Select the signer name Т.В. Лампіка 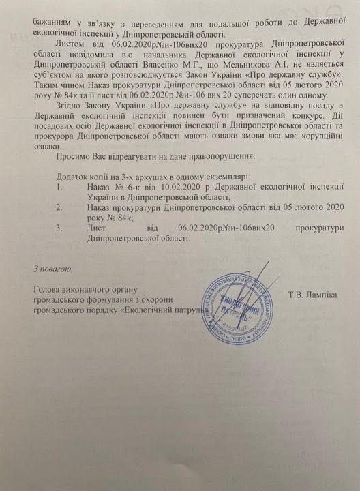pos(313,295)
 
